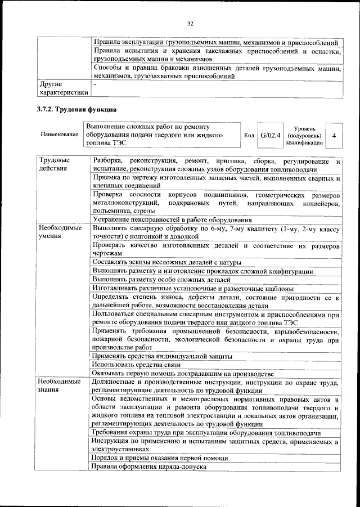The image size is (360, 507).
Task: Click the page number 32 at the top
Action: click(x=190, y=23)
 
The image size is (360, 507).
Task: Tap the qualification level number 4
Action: click(x=334, y=136)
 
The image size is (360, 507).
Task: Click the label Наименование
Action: click(x=59, y=136)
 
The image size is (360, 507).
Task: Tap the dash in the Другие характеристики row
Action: click(x=95, y=84)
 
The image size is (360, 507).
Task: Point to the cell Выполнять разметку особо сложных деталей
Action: click(x=161, y=280)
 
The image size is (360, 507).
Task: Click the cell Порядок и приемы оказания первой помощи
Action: click(x=160, y=459)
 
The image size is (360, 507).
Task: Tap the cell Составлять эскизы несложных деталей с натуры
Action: click(x=167, y=263)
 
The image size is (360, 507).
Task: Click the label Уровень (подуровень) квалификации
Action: click(x=304, y=136)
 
